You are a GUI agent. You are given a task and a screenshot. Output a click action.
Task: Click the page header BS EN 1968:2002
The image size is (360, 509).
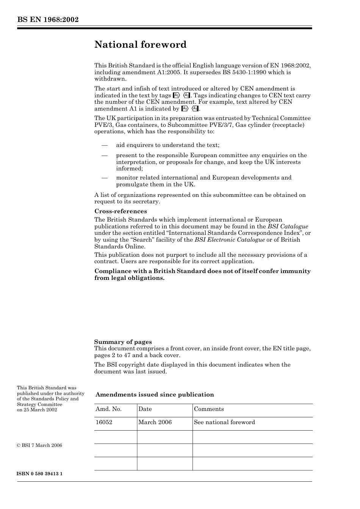(x=48, y=20)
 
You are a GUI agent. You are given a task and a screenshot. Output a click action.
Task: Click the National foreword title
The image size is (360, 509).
(x=141, y=45)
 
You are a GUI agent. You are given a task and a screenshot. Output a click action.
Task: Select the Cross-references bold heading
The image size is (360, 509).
(x=121, y=211)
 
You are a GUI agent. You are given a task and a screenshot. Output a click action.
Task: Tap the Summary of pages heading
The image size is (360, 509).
(x=123, y=342)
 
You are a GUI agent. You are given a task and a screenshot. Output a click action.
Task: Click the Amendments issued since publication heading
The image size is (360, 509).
(x=155, y=395)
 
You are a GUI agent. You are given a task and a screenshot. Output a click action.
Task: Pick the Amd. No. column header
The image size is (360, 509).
(x=108, y=409)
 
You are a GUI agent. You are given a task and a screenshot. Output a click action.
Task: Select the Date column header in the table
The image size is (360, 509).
(x=145, y=409)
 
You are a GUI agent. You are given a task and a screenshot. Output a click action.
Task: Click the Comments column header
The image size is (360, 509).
(x=209, y=409)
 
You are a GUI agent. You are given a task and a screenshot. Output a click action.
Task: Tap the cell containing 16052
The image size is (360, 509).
(x=104, y=422)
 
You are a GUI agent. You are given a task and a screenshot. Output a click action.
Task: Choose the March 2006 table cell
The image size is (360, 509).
(x=155, y=422)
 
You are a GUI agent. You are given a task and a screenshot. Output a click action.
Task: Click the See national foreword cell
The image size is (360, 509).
(x=224, y=422)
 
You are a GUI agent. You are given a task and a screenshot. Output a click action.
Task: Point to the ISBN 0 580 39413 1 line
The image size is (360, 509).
(x=40, y=474)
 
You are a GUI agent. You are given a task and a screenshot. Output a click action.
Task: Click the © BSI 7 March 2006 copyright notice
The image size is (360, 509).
(x=39, y=445)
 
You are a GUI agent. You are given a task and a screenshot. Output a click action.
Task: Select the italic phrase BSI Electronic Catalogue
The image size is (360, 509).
(x=230, y=240)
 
